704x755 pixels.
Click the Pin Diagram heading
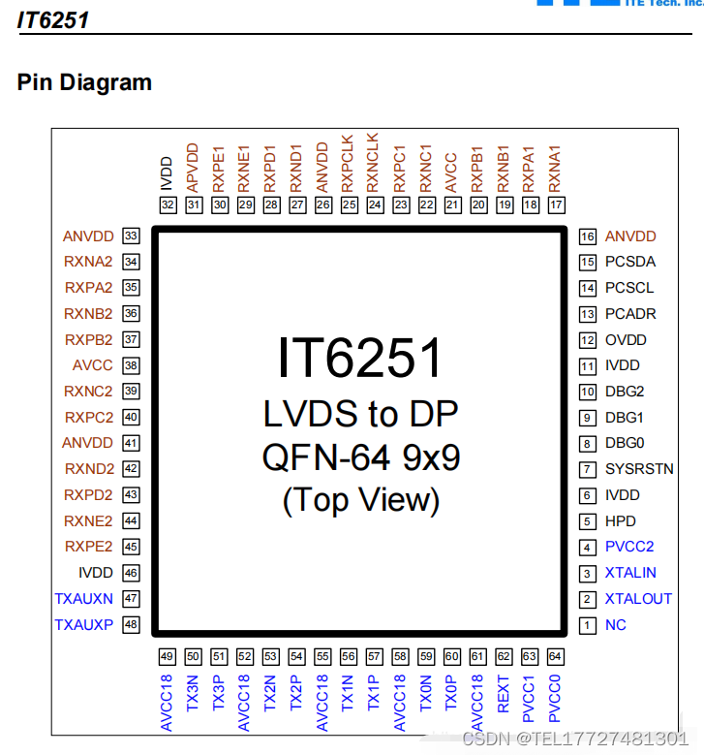pos(84,82)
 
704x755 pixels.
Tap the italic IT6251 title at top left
pos(53,18)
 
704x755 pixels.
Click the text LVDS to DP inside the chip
pos(360,414)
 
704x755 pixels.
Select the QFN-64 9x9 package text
pos(360,456)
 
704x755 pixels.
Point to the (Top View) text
pos(360,499)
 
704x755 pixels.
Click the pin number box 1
pos(587,625)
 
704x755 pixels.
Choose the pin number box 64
pos(555,656)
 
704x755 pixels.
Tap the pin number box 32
pos(168,204)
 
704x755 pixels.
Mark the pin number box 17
pos(556,204)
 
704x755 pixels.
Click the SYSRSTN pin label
pos(639,469)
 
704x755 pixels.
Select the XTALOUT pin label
pos(638,599)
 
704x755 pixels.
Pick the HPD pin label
pos(621,521)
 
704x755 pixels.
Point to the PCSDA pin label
pos(630,262)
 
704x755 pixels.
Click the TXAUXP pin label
pos(83,625)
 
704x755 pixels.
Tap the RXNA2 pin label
pos(88,262)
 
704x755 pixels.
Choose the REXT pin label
pos(504,695)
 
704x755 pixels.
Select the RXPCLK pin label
pos(349,160)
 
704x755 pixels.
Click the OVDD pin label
pos(626,340)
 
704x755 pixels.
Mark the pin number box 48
pos(131,625)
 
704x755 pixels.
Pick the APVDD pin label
pos(193,166)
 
